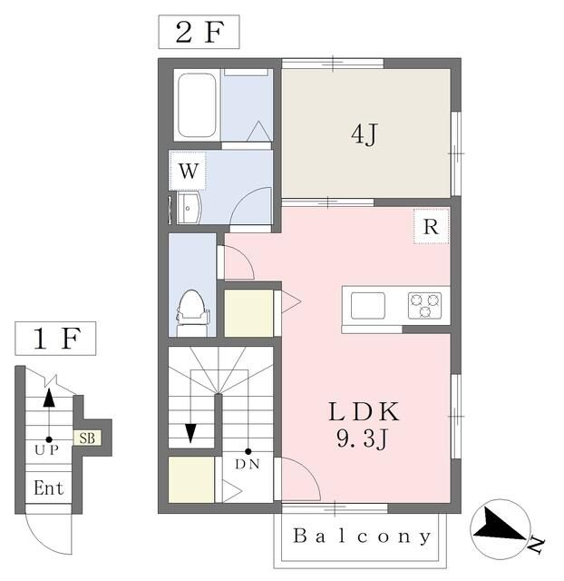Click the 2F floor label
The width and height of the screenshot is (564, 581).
[199, 32]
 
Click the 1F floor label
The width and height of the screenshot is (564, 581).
[55, 339]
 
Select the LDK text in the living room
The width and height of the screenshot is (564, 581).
[365, 411]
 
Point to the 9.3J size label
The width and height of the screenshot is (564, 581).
[362, 438]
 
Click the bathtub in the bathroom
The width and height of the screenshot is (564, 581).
[197, 105]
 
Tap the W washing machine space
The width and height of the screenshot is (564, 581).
[188, 171]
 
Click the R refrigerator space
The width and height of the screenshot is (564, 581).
[431, 226]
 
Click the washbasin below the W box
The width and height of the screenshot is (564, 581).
[190, 208]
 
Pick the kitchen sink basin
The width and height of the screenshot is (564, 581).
[368, 306]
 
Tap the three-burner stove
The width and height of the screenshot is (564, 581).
[425, 305]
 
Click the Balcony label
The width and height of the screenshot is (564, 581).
[362, 537]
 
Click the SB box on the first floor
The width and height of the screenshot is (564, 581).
[87, 438]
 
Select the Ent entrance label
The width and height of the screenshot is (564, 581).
[48, 487]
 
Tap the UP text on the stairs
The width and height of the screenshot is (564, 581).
[46, 450]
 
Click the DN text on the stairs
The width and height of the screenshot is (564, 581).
[248, 464]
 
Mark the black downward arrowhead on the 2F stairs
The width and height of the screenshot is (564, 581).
[190, 433]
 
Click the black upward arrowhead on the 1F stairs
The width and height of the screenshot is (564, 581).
[49, 398]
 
